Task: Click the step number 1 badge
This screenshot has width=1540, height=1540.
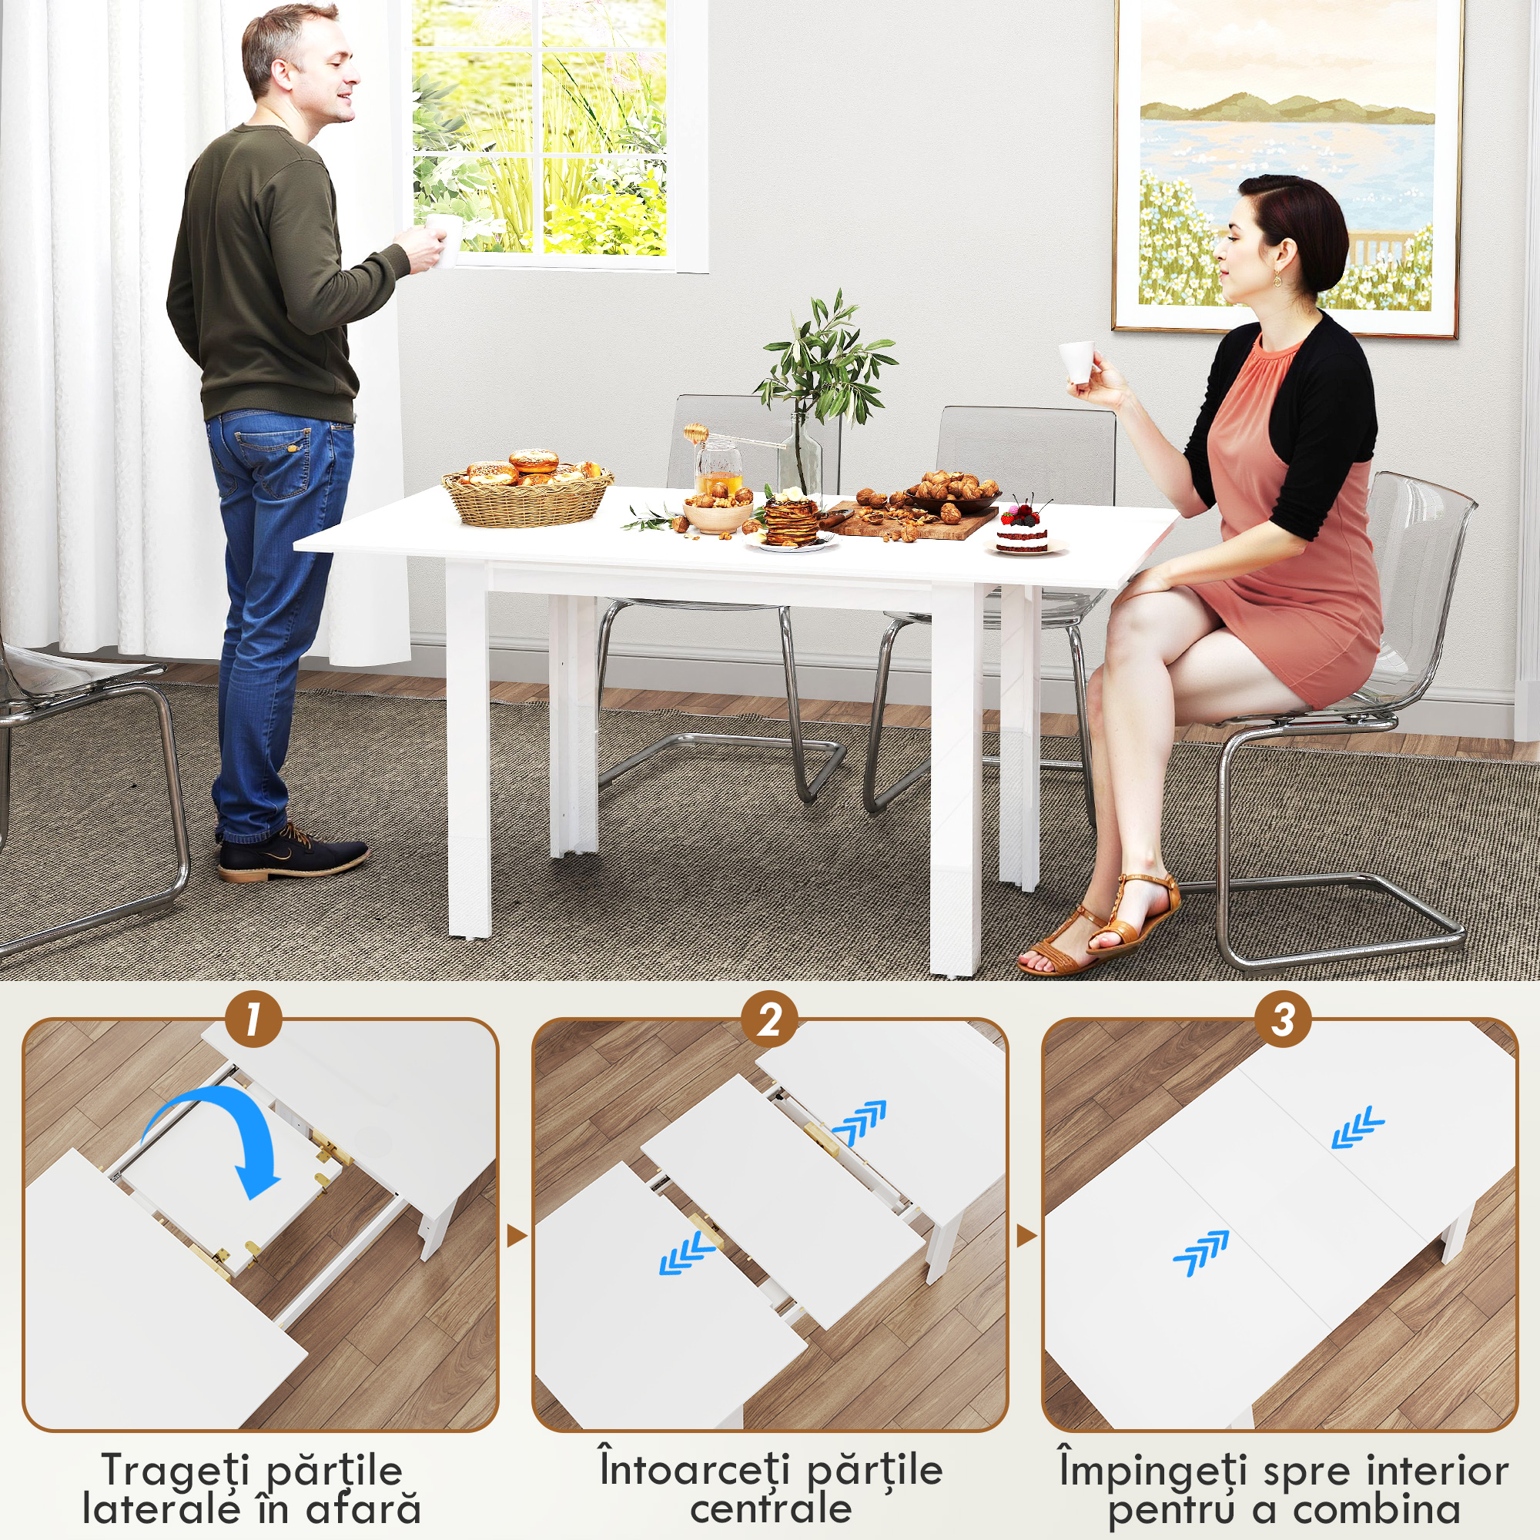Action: [x=253, y=1019]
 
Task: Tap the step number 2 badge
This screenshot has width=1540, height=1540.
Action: [x=769, y=1019]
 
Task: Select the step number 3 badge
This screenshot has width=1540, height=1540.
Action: [x=1283, y=1019]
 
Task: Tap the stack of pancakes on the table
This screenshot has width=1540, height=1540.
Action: [x=791, y=521]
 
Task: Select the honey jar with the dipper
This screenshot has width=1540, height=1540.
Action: [x=718, y=466]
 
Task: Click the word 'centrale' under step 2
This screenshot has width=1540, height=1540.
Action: [x=771, y=1509]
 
